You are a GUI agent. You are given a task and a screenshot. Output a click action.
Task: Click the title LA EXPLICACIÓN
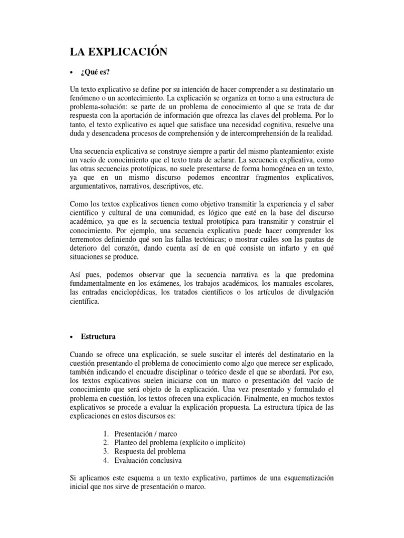(119, 51)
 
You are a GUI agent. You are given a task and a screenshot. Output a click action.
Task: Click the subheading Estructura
(98, 336)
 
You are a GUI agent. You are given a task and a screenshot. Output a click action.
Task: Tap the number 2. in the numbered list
(105, 442)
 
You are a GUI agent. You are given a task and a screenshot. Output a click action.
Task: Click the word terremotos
(88, 240)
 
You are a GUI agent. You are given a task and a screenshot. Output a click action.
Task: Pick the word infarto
(276, 249)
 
